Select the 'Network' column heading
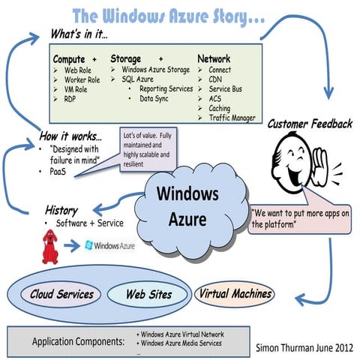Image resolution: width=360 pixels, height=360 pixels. click(x=214, y=58)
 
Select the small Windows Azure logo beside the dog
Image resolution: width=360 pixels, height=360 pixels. click(x=110, y=246)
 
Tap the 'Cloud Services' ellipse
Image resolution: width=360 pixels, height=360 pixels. click(x=62, y=294)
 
